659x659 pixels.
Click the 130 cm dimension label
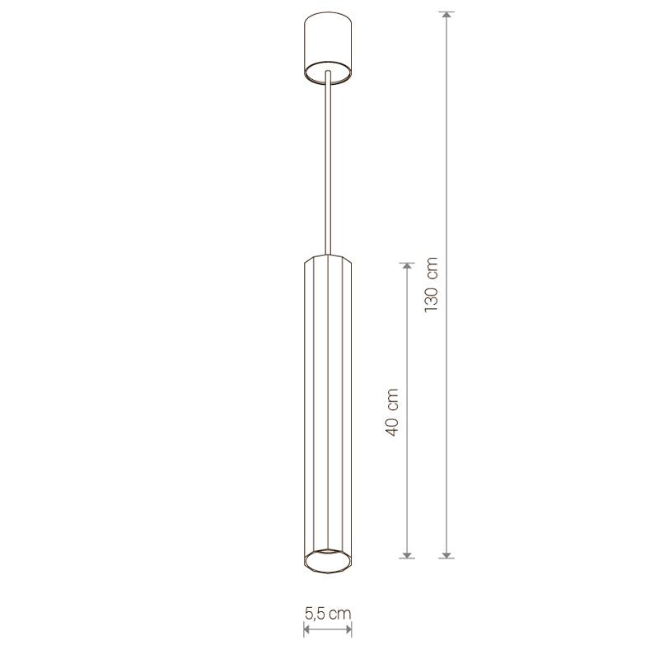point(432,284)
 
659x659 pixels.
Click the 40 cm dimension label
point(392,413)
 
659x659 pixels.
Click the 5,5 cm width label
point(327,614)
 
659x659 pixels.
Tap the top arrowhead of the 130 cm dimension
point(446,15)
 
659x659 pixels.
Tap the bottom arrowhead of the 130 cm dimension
point(446,554)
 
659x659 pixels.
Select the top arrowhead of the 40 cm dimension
point(406,266)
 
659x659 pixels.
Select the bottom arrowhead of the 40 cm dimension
point(406,554)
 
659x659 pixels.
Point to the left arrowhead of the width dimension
point(306,629)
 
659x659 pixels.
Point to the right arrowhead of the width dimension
point(348,629)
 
